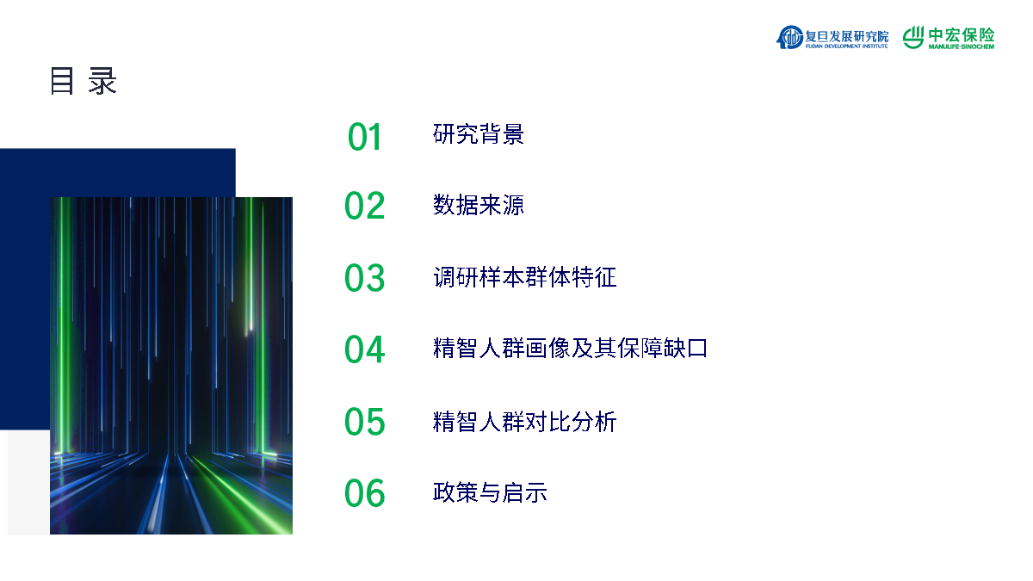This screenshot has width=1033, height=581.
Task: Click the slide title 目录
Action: coord(84,81)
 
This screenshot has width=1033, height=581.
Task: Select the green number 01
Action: coord(364,137)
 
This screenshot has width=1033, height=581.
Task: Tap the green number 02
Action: coord(364,205)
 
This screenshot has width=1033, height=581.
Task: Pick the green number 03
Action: coord(364,277)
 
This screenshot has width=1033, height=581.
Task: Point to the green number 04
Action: coord(364,349)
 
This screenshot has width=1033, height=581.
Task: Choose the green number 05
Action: coord(364,421)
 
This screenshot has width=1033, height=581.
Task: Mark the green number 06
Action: coord(364,493)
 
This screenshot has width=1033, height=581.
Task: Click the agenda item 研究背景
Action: coord(479,134)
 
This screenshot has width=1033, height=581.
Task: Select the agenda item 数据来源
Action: coord(479,205)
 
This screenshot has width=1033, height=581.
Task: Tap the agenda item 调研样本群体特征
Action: coord(525,277)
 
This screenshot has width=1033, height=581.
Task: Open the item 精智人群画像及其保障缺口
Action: coord(570,348)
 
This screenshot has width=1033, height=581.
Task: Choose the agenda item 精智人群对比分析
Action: coord(525,422)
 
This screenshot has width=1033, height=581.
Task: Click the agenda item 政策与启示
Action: coord(490,492)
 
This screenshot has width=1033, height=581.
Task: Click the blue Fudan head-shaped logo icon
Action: coord(789,37)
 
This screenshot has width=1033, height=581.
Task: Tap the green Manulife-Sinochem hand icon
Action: coord(913,37)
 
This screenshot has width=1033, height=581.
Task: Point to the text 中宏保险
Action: coord(962,34)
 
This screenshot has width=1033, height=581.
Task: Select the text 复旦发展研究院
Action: coord(847,35)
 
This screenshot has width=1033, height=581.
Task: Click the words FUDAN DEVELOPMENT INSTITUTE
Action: coord(847,46)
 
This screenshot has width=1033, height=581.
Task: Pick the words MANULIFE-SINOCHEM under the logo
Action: coord(962,46)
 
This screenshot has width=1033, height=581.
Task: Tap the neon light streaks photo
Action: coord(171,366)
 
